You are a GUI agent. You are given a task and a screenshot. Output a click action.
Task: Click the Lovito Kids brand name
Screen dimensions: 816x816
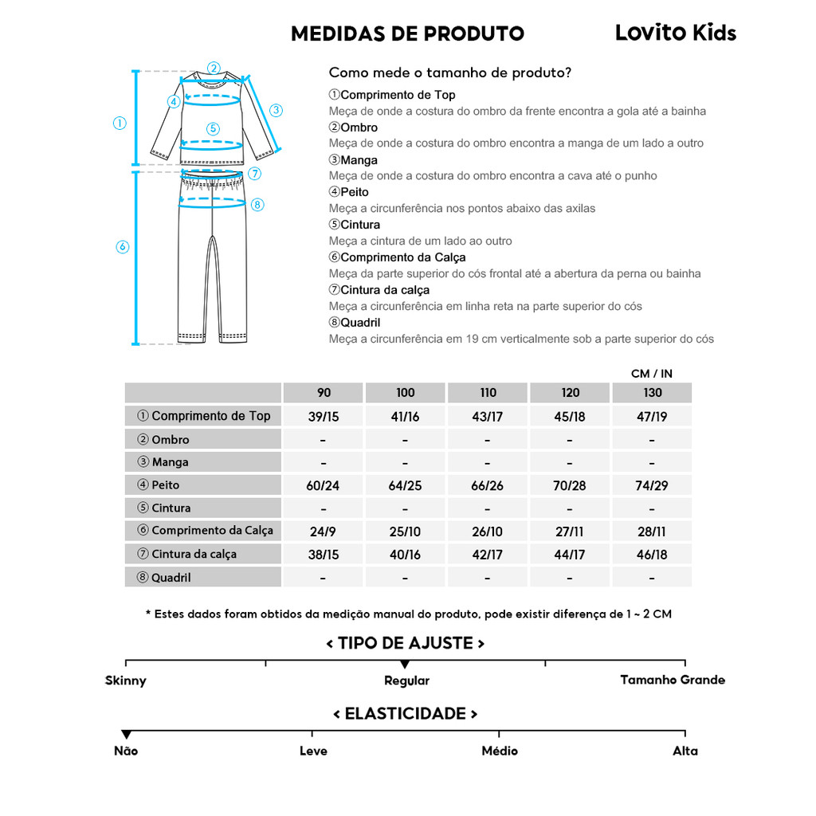pyautogui.click(x=675, y=33)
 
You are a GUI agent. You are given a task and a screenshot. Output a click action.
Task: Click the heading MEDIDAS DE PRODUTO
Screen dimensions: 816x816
pyautogui.click(x=407, y=33)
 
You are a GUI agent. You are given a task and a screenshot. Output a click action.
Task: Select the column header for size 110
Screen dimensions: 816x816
pyautogui.click(x=488, y=392)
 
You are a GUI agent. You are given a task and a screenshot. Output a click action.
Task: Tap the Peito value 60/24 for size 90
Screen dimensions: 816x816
pyautogui.click(x=323, y=485)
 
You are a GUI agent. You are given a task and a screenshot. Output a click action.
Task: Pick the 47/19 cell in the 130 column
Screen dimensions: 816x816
pyautogui.click(x=652, y=416)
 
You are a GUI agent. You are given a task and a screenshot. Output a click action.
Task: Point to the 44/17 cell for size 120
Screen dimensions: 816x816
pyautogui.click(x=571, y=555)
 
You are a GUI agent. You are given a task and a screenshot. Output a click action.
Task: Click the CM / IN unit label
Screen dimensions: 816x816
pyautogui.click(x=652, y=374)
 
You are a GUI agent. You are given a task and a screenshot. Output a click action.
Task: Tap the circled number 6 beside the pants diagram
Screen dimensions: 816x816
pyautogui.click(x=122, y=247)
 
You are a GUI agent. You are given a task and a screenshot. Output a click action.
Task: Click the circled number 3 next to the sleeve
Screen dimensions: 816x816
pyautogui.click(x=276, y=110)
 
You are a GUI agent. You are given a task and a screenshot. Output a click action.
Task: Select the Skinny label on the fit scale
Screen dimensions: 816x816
pyautogui.click(x=126, y=681)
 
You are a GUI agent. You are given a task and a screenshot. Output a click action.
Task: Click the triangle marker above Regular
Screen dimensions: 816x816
pyautogui.click(x=405, y=665)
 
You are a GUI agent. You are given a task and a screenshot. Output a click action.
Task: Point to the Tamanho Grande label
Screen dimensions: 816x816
pyautogui.click(x=673, y=680)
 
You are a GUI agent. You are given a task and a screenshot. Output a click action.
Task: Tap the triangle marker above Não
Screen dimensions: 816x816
pyautogui.click(x=126, y=734)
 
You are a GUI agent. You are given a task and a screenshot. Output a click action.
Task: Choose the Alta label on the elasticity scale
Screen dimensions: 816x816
pyautogui.click(x=685, y=751)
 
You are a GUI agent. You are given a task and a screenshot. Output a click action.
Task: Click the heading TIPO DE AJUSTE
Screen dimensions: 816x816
pyautogui.click(x=406, y=643)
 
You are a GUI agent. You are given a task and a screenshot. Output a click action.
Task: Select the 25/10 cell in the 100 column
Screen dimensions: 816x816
pyautogui.click(x=405, y=531)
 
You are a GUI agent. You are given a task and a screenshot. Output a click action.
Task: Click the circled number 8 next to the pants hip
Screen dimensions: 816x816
pyautogui.click(x=257, y=204)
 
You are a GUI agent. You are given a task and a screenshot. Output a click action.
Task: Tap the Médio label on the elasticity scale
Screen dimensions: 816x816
pyautogui.click(x=500, y=751)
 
